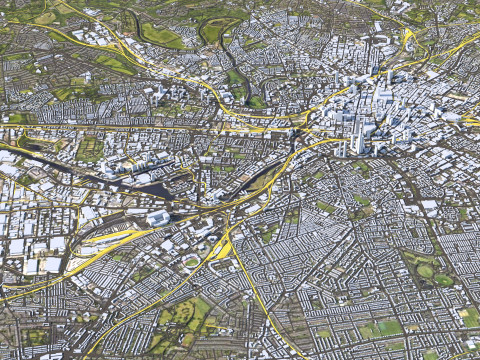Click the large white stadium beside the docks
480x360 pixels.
[158, 217]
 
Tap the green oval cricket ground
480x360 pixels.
[191, 262]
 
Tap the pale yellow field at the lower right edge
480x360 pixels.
[468, 317]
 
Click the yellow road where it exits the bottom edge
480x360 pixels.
[300, 354]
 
